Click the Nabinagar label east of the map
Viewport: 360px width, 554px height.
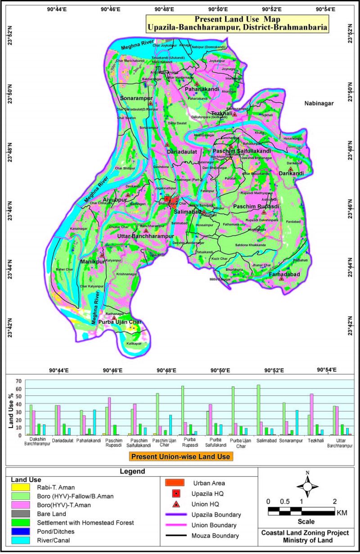point(318,103)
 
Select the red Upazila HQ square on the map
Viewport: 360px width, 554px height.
point(167,198)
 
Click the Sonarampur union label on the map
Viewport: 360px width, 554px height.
point(137,97)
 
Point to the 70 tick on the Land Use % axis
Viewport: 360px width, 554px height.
point(18,381)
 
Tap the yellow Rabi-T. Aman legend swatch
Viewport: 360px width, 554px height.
point(21,486)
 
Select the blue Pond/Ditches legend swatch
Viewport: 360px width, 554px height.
point(21,531)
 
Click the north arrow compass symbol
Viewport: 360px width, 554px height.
point(307,486)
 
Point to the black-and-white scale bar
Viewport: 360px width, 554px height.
point(301,511)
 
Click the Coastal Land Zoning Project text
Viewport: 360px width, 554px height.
point(306,533)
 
